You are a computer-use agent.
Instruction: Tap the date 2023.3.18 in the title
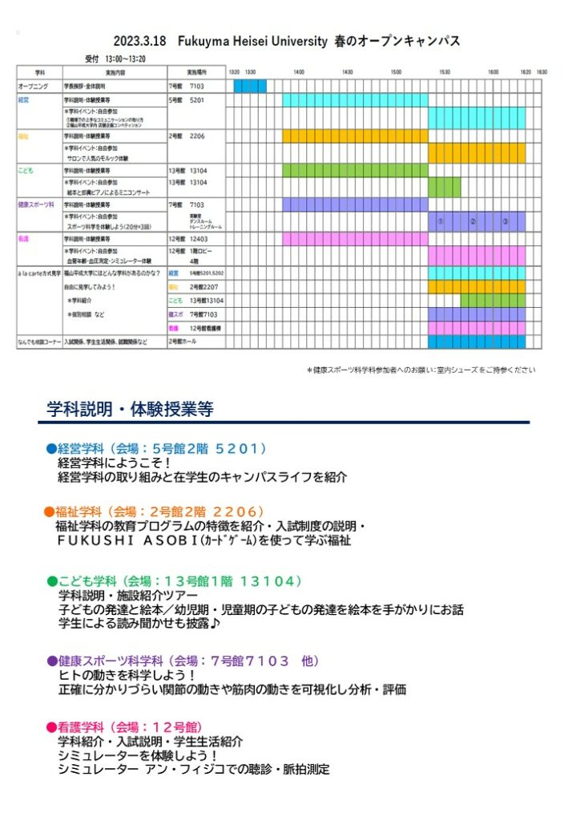(139, 40)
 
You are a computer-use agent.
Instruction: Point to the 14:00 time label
(298, 72)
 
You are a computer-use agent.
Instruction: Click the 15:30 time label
(444, 72)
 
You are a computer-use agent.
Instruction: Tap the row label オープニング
(33, 85)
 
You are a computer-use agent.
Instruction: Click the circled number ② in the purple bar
(473, 221)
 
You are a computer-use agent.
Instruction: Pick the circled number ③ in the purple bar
(505, 221)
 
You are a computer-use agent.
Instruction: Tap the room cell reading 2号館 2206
(187, 136)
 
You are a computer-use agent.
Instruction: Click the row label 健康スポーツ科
(35, 204)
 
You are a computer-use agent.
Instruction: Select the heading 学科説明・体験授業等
(131, 410)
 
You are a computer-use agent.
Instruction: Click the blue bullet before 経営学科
(50, 449)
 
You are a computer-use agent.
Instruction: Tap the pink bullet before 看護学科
(50, 727)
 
